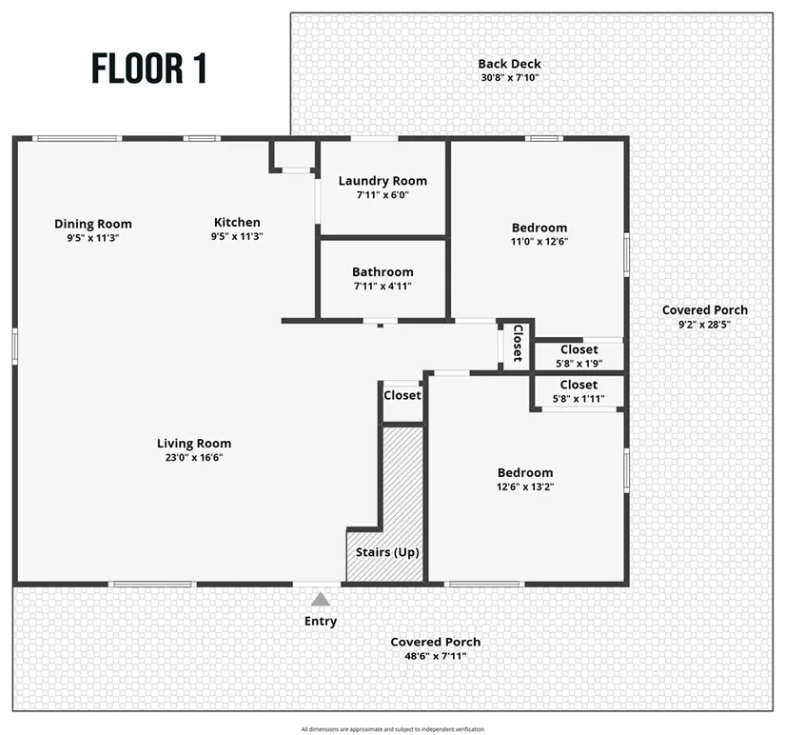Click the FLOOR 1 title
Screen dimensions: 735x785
(x=149, y=69)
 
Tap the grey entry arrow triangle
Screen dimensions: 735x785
(x=321, y=599)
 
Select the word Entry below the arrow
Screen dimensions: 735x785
(x=321, y=622)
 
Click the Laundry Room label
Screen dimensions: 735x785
(x=383, y=181)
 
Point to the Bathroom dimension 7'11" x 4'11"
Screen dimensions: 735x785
(x=383, y=286)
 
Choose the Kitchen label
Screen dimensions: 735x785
(x=236, y=223)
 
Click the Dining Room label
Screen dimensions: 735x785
(x=93, y=225)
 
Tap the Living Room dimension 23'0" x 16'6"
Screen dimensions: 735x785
(x=194, y=457)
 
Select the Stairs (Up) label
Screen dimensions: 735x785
(x=387, y=552)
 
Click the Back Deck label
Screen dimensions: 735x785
(x=510, y=65)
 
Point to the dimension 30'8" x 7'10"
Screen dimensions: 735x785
(x=510, y=78)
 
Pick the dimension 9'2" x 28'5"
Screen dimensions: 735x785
(x=704, y=324)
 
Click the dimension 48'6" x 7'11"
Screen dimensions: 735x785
(x=435, y=656)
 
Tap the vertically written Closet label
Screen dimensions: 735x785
(x=518, y=343)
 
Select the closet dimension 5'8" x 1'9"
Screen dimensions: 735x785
(x=579, y=363)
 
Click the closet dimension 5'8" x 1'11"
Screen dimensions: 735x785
(x=579, y=398)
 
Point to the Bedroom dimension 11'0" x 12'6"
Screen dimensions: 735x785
(x=540, y=242)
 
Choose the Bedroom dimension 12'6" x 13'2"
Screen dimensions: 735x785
(x=525, y=487)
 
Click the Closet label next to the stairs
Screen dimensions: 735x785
(x=402, y=395)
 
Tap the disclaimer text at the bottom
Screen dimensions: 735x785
(x=392, y=729)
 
